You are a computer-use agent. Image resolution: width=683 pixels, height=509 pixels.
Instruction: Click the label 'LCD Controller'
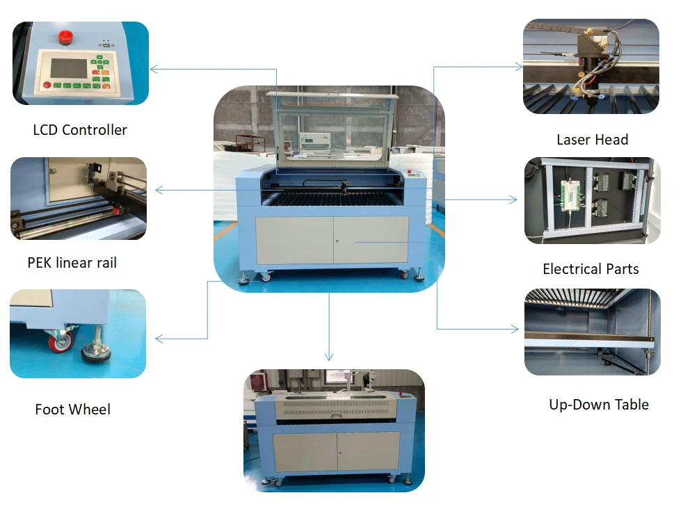point(80,130)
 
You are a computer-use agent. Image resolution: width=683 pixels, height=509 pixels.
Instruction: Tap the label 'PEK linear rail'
point(72,263)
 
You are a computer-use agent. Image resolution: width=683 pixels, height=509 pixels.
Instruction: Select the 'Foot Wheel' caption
point(72,410)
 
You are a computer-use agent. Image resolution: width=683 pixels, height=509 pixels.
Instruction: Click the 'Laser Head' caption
point(592,140)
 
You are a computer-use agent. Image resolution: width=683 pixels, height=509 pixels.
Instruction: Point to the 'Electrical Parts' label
point(590,269)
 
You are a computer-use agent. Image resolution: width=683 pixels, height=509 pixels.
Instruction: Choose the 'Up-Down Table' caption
point(598,405)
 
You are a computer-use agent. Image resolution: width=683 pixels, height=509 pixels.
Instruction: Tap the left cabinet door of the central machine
point(294,240)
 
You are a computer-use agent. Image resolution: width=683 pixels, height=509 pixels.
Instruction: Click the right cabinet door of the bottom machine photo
point(368,451)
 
